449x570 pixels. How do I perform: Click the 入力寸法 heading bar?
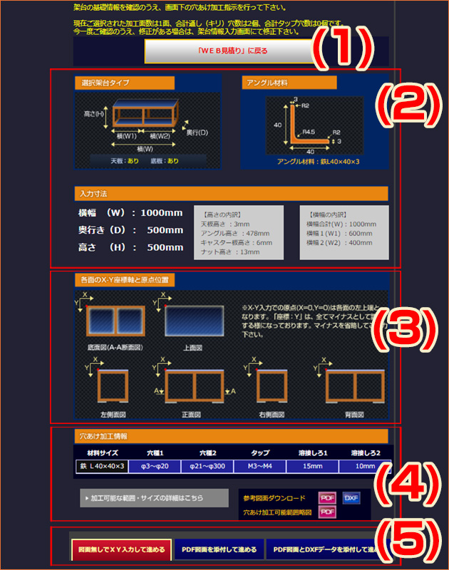tap(231, 194)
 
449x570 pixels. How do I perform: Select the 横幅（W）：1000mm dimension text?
tap(130, 213)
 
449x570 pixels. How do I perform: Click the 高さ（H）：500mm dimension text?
tap(130, 247)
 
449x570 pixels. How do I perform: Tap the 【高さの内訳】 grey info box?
tap(239, 232)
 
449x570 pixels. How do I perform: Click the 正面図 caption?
tap(193, 413)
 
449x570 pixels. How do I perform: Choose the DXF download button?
tap(351, 498)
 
